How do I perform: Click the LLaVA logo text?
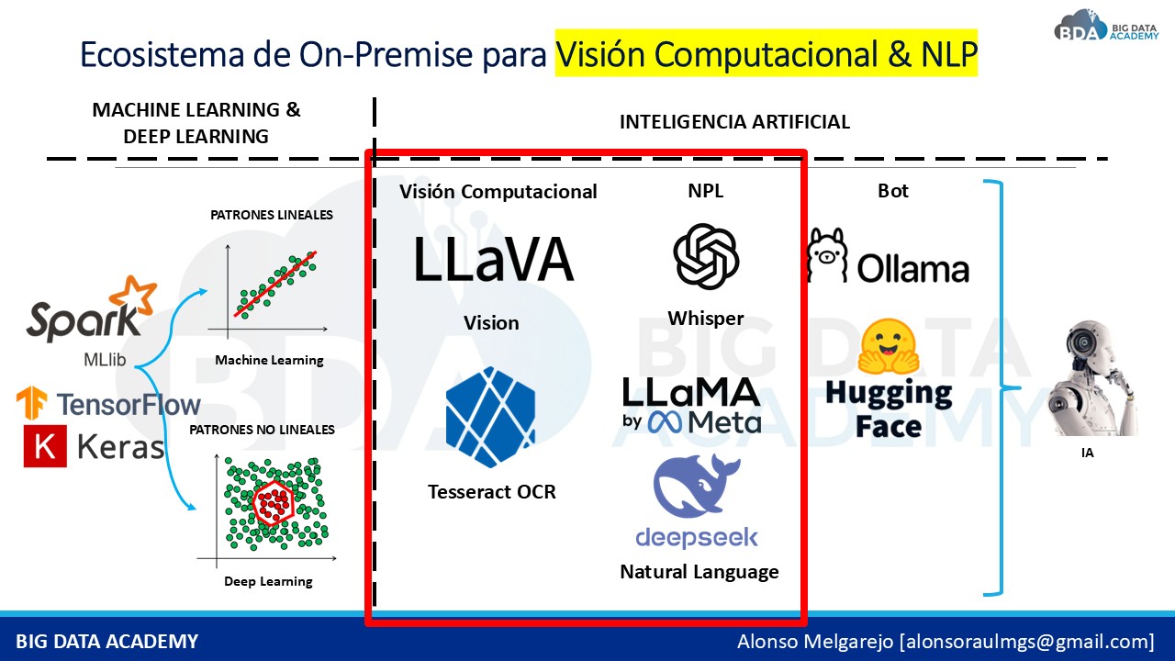pos(493,259)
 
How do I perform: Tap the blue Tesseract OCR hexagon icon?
pos(490,417)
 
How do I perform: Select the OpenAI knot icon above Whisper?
pos(705,256)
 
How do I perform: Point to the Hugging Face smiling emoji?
pos(888,348)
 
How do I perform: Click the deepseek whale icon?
pos(696,487)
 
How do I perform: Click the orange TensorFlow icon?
pos(32,404)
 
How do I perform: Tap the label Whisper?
pos(705,319)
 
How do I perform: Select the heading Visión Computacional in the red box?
pos(498,191)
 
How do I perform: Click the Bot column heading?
pos(892,191)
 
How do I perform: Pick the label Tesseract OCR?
pos(491,492)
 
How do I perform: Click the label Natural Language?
pos(699,572)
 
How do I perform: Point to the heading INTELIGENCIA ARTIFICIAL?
pos(734,122)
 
